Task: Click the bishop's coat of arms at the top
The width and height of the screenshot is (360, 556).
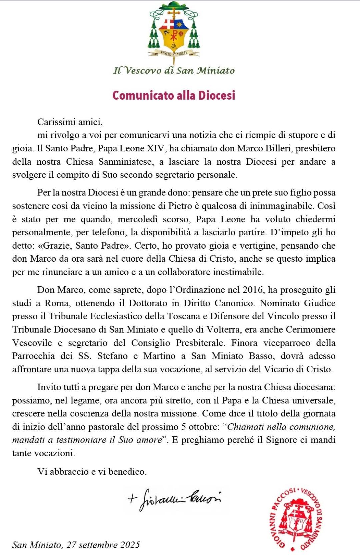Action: coord(173,32)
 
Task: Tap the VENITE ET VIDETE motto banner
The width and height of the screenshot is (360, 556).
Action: coord(174,53)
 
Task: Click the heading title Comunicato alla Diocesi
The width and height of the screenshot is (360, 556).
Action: coord(174,95)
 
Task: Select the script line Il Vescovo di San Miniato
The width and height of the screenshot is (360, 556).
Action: coord(174,70)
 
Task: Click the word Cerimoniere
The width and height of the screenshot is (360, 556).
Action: coord(310,330)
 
